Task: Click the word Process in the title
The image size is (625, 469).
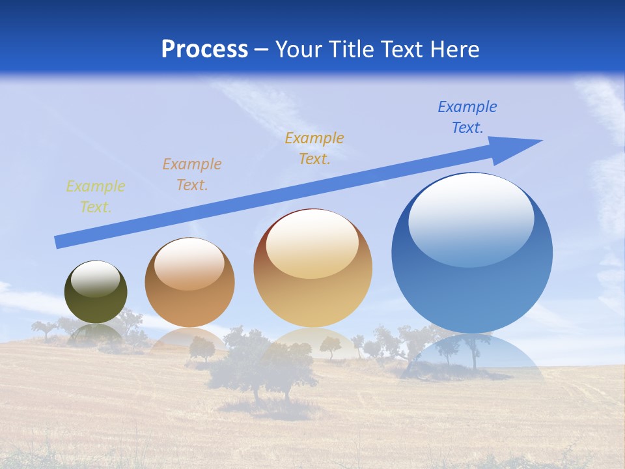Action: coord(204,50)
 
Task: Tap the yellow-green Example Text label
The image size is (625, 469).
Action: coord(95,197)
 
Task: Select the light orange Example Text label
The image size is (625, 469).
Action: coord(192,174)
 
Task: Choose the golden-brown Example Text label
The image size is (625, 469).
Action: coord(314,148)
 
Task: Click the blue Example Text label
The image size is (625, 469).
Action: coord(467,117)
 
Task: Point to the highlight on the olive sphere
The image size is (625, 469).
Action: coord(96,279)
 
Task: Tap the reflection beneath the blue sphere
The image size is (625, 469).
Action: coord(473,355)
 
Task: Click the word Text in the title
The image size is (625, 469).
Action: coord(399,50)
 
